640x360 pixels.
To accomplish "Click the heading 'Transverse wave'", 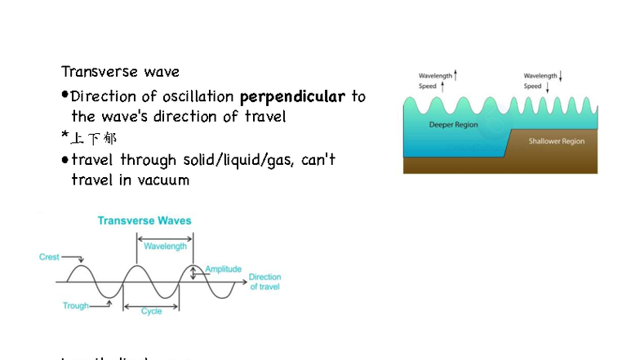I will (x=120, y=72).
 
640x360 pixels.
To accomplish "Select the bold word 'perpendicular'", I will (x=292, y=96).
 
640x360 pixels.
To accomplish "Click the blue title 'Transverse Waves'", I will (x=144, y=220).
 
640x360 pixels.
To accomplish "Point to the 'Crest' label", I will (x=49, y=257).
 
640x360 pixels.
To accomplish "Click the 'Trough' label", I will (x=76, y=306).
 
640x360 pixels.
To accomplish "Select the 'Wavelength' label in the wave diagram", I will (x=165, y=246).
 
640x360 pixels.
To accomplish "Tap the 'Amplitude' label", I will (x=223, y=269).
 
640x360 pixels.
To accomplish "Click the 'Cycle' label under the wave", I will (x=151, y=311).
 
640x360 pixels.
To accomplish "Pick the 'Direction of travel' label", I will (x=264, y=282).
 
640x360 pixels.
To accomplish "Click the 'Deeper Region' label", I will (x=453, y=125).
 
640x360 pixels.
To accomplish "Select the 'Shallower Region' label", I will (x=556, y=141).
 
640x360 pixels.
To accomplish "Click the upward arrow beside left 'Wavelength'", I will (x=456, y=75).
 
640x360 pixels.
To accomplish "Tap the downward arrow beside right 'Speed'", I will (x=546, y=86).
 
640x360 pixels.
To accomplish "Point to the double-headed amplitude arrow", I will (x=193, y=272).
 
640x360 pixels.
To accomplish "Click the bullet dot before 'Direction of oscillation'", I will (x=65, y=96).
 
